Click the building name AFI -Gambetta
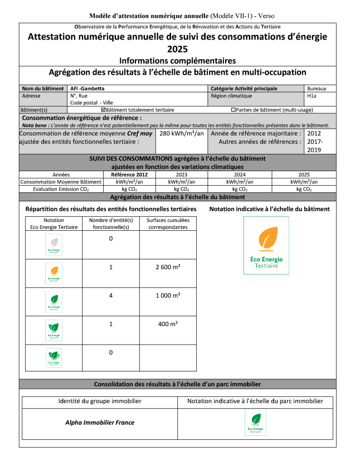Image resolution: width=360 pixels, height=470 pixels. tap(87, 88)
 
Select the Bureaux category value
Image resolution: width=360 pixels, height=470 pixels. tap(320, 88)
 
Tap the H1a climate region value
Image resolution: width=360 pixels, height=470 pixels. tap(312, 95)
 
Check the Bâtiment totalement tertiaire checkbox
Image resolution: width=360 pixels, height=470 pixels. tap(103, 110)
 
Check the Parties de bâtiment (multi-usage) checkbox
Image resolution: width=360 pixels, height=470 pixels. tap(233, 110)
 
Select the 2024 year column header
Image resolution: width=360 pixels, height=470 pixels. tap(240, 175)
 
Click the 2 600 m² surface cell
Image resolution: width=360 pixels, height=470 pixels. tap(167, 267)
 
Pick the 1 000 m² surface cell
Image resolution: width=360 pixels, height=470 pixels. tap(167, 295)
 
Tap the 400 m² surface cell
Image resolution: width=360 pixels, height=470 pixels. tap(167, 323)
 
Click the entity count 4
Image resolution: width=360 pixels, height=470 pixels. tap(111, 295)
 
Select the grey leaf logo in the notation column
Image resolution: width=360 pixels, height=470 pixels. tap(53, 245)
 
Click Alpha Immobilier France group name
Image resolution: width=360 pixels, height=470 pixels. tap(100, 422)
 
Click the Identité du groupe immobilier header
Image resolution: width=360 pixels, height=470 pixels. tap(100, 401)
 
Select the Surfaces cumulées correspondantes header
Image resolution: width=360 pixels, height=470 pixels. tap(167, 224)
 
